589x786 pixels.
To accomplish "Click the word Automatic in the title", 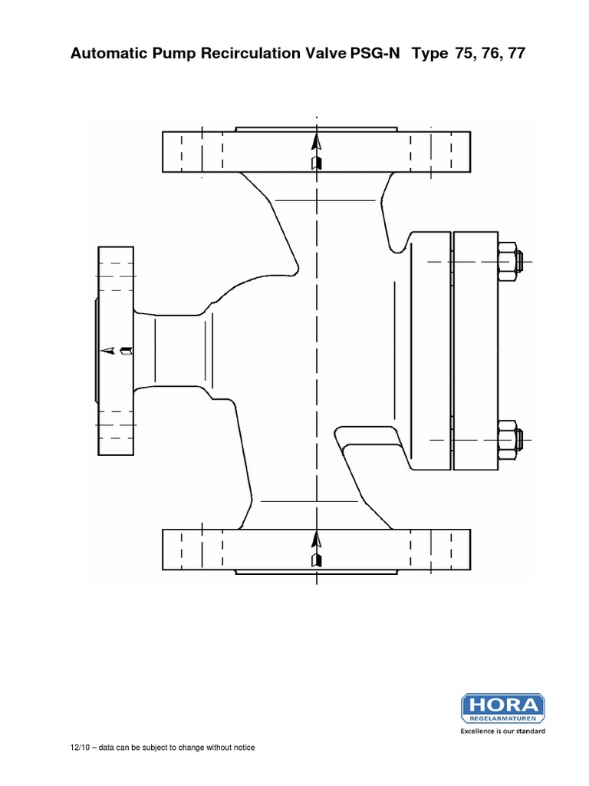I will tap(107, 55).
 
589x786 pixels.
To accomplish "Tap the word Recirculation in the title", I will tap(239, 55).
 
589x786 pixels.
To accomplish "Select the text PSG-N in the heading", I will tap(376, 55).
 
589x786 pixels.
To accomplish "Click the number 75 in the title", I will tap(465, 55).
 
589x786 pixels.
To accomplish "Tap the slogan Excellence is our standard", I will tap(502, 732).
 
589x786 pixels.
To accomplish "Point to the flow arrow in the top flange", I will tap(315, 152).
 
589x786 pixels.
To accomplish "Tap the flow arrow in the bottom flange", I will tap(315, 548).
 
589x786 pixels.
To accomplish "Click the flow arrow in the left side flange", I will tap(119, 350).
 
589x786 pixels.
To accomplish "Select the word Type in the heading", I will tap(430, 55).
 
